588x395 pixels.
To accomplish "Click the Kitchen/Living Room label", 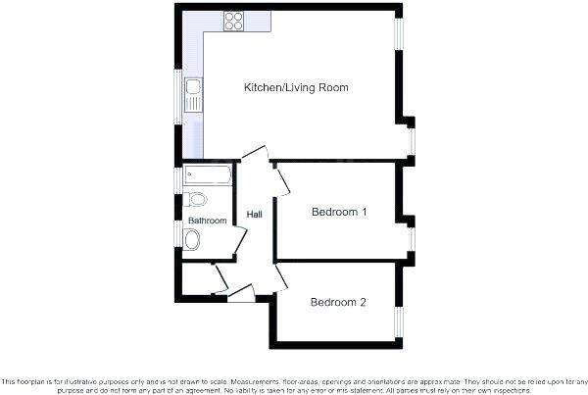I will pyautogui.click(x=296, y=88).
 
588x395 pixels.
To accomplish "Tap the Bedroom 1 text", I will pyautogui.click(x=338, y=212).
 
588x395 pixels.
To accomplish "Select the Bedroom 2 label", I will pyautogui.click(x=338, y=302).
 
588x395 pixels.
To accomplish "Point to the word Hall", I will pyautogui.click(x=254, y=215).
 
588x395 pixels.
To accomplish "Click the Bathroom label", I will pyautogui.click(x=207, y=221).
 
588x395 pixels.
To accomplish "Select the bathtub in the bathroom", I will pyautogui.click(x=208, y=176).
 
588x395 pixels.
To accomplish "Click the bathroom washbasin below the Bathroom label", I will pyautogui.click(x=193, y=237).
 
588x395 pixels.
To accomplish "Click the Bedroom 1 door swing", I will pyautogui.click(x=281, y=180).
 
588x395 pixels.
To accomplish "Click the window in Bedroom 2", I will pyautogui.click(x=399, y=321).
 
